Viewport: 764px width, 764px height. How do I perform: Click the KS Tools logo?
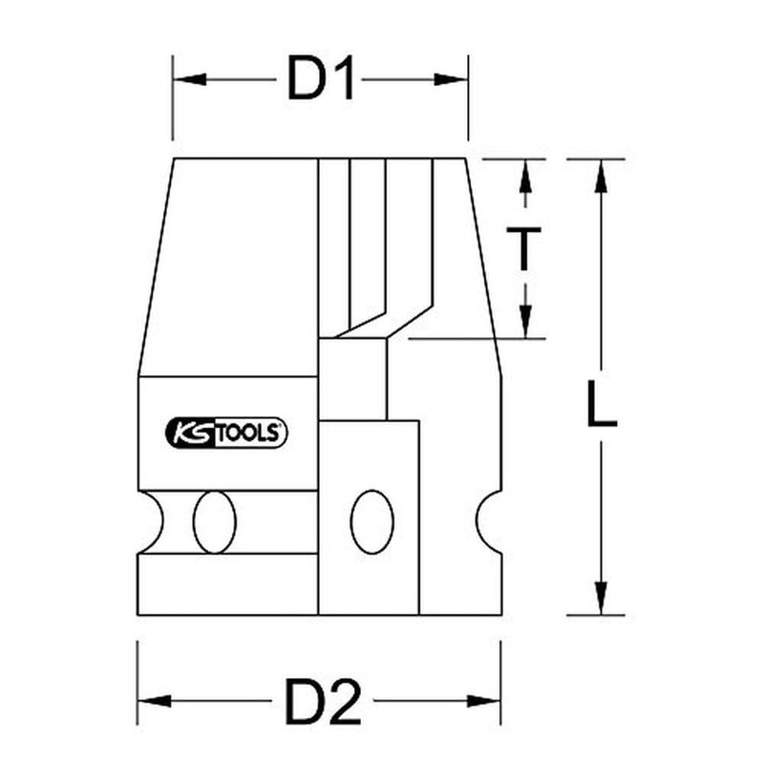coord(228,433)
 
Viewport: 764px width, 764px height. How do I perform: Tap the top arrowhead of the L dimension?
coord(600,176)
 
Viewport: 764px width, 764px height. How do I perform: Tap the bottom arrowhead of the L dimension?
coord(600,599)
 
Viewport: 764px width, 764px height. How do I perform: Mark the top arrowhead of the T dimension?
coord(524,176)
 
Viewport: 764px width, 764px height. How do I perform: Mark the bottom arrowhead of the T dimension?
coord(524,321)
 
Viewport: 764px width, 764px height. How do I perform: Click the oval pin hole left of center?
coord(214,521)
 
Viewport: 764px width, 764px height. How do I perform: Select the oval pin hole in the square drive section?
coord(371,521)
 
